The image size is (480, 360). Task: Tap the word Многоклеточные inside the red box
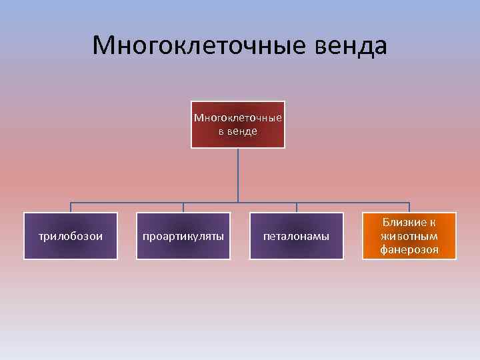[238, 118]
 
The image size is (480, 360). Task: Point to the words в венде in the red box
[238, 131]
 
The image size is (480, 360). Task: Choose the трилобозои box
[71, 236]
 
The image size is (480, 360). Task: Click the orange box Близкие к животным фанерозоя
[409, 236]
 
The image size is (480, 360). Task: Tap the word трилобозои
[71, 236]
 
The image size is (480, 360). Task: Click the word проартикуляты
[183, 236]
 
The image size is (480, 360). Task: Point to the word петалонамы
[297, 236]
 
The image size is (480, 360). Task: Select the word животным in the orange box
[409, 236]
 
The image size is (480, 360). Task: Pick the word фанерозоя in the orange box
[409, 249]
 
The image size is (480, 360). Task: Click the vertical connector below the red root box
[239, 175]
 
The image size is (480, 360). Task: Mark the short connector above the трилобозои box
[71, 207]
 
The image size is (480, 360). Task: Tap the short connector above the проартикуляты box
[183, 207]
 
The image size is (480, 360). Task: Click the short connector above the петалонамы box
[297, 207]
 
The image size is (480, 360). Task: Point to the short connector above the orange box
[409, 207]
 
